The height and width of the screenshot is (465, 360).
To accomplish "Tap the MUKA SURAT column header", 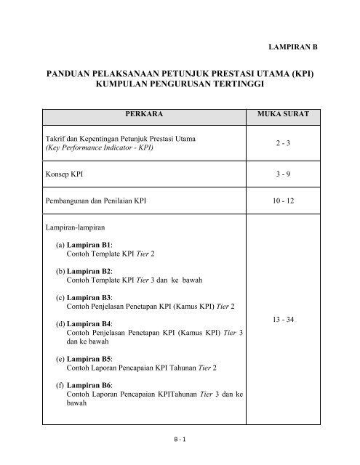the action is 290,115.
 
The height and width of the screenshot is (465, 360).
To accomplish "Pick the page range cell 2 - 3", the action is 290,143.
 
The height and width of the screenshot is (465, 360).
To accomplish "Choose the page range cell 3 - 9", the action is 290,174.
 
